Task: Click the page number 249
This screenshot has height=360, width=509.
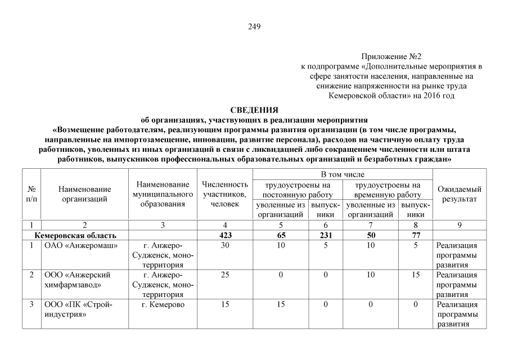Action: [x=254, y=26]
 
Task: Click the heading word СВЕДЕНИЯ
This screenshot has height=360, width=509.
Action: [x=254, y=110]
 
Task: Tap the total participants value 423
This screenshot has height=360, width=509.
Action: [x=225, y=235]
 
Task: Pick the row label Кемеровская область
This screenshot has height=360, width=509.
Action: [x=75, y=235]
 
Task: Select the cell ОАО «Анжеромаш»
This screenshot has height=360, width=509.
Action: [x=77, y=246]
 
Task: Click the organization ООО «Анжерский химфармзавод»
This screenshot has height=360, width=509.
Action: [x=78, y=280]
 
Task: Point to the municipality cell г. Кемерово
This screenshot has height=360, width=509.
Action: [x=163, y=305]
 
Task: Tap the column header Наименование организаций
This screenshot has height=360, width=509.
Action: [x=85, y=195]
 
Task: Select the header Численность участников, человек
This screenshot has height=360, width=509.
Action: [x=225, y=194]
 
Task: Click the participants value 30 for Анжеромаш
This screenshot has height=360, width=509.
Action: [x=225, y=246]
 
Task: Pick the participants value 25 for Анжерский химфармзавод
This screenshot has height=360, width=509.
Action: [x=225, y=275]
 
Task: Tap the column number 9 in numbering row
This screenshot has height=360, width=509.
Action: [x=460, y=225]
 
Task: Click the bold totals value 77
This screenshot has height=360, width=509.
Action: [x=416, y=235]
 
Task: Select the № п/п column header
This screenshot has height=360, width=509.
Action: [x=31, y=195]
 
